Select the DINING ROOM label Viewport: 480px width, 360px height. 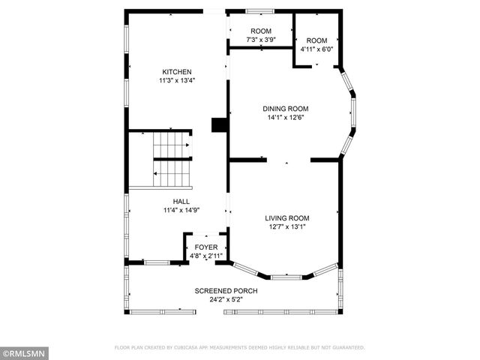(x=285, y=109)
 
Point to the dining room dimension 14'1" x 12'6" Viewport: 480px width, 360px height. (x=285, y=117)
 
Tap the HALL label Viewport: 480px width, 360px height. (x=181, y=202)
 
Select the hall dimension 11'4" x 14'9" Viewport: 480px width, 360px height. (x=181, y=210)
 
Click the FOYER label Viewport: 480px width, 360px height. (x=206, y=247)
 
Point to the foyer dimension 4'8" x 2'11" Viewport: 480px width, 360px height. (x=206, y=256)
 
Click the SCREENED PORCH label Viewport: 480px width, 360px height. (x=226, y=291)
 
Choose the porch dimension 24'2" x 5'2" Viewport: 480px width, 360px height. (x=226, y=299)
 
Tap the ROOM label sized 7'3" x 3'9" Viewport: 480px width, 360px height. (x=261, y=31)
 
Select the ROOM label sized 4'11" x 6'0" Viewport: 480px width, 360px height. (x=316, y=40)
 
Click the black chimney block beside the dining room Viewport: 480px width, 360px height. (x=219, y=125)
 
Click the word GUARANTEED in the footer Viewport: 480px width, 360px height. (x=347, y=348)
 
